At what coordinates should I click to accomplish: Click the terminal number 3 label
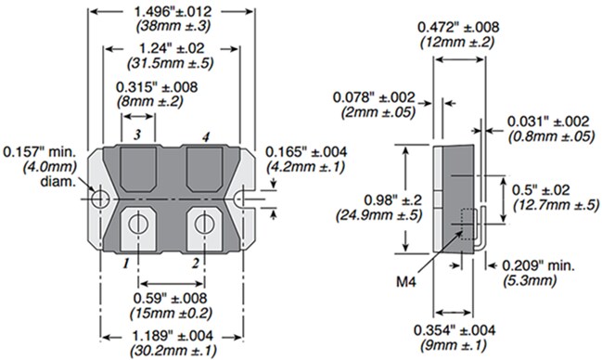coord(137,135)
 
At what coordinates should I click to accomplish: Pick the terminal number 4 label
coord(206,136)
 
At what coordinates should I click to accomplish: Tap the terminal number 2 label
coord(197,263)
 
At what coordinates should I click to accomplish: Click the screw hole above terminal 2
coord(203,223)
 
